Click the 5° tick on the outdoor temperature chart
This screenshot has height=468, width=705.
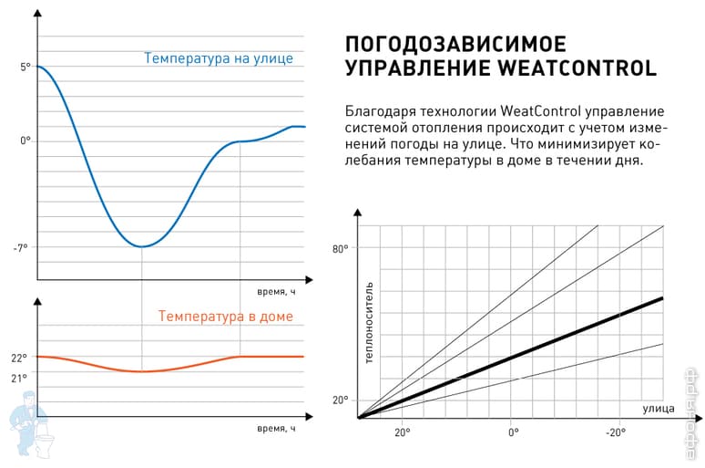click(x=25, y=67)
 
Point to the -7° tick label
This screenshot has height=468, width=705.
click(x=22, y=247)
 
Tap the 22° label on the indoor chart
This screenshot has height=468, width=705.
click(x=19, y=358)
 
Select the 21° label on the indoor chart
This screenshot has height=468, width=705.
click(x=19, y=378)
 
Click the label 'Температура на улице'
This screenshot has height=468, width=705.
click(x=219, y=58)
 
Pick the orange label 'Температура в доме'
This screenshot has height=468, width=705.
click(x=226, y=317)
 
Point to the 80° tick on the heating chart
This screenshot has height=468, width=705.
click(x=339, y=248)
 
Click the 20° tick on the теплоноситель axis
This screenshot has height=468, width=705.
click(x=339, y=400)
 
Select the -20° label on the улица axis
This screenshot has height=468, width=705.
click(x=616, y=432)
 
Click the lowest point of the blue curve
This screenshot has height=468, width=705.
click(x=142, y=246)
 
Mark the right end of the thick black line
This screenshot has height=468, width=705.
click(x=662, y=298)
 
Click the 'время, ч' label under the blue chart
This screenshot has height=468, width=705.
click(x=276, y=292)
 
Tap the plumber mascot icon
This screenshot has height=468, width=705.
click(x=25, y=420)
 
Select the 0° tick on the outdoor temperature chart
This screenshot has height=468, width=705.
click(x=25, y=141)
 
